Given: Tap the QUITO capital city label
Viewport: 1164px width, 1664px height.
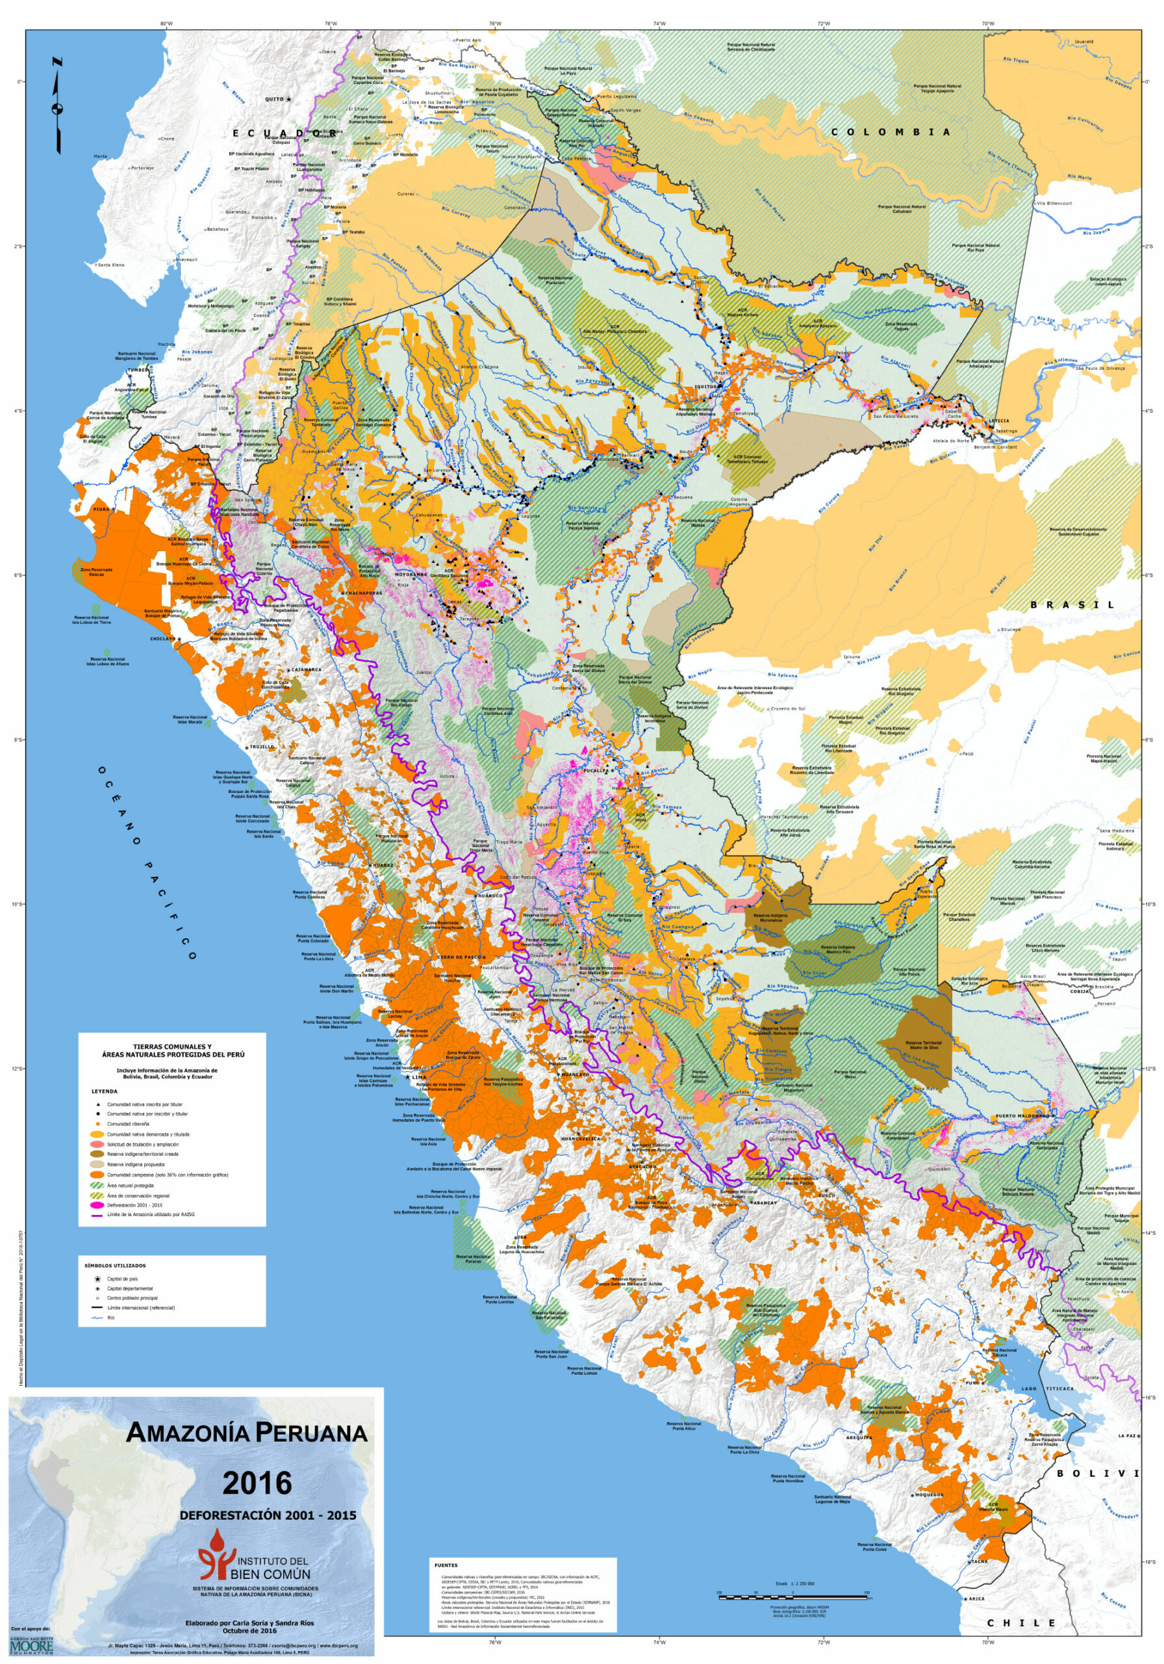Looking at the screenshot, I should click(275, 99).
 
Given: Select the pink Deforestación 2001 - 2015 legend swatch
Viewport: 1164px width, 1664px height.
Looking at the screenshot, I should click(97, 1205).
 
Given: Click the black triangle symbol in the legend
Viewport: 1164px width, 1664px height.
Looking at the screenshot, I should click(97, 1104).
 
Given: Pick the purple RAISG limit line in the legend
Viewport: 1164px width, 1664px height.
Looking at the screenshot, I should click(97, 1215).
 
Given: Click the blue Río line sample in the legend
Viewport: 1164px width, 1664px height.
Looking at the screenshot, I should click(97, 1318).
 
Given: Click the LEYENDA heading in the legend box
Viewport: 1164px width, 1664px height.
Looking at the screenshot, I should click(105, 1091).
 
